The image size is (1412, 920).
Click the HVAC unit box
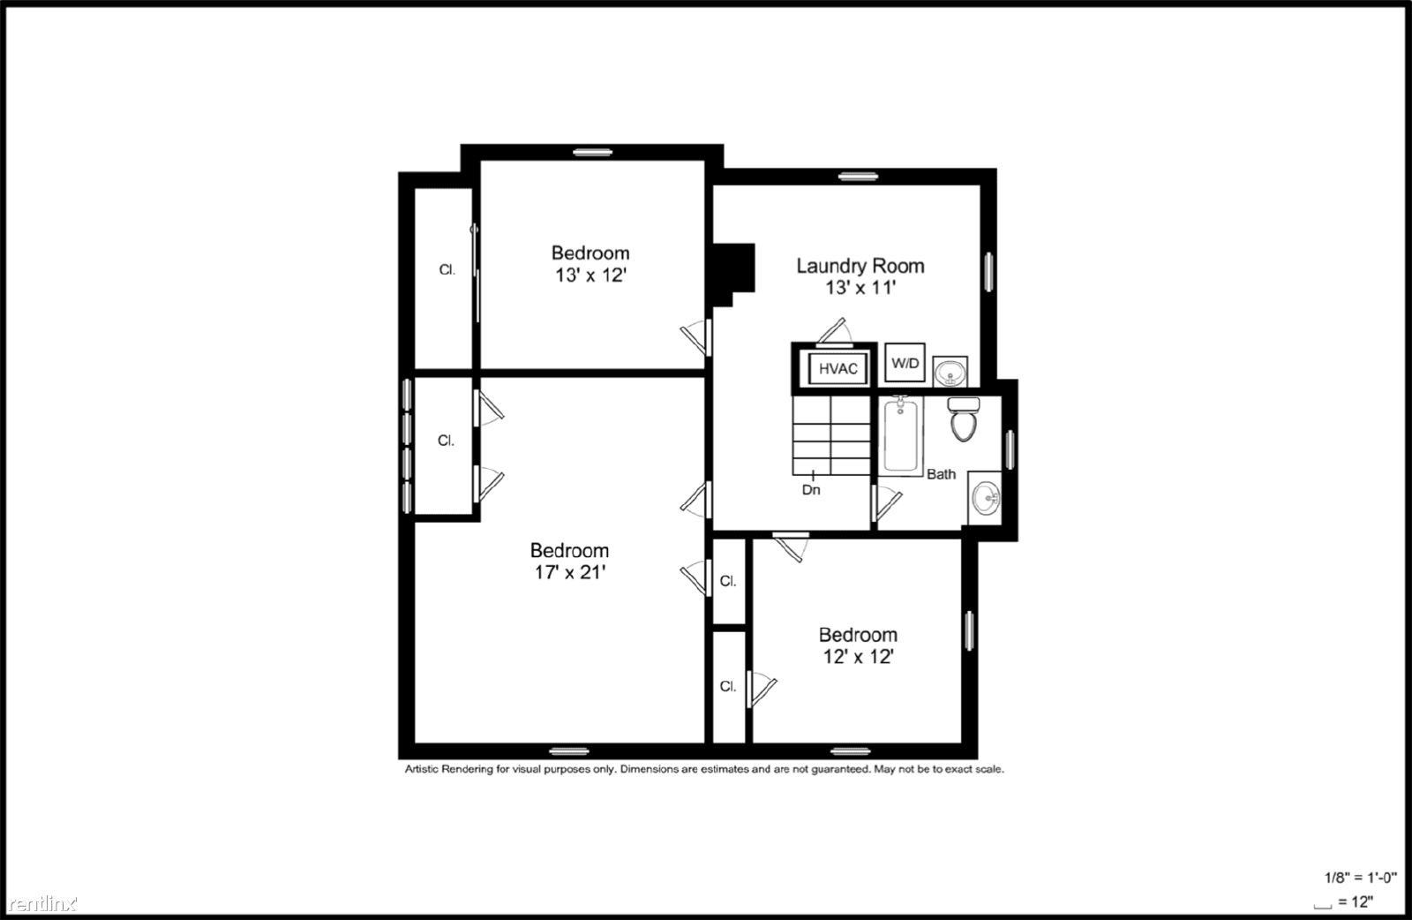click(x=837, y=368)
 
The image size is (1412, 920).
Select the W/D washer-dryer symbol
click(x=905, y=363)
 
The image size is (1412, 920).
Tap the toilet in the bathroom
click(x=963, y=420)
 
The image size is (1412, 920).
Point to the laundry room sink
click(x=950, y=373)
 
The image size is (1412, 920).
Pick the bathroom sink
click(x=986, y=499)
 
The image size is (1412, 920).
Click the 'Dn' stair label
click(x=811, y=489)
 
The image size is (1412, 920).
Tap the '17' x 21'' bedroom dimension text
click(x=569, y=572)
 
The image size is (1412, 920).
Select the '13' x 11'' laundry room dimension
click(x=860, y=287)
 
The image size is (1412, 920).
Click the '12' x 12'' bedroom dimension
click(x=858, y=656)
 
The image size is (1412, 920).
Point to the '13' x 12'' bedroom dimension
click(x=590, y=275)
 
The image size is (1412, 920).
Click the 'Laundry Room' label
click(x=860, y=266)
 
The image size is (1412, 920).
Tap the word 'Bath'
click(x=941, y=474)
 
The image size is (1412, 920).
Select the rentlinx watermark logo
click(x=41, y=904)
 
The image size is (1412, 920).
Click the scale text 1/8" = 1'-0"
click(x=1360, y=878)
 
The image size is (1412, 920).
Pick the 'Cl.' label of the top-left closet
click(x=447, y=269)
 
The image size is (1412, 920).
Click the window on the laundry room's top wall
click(x=858, y=177)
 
